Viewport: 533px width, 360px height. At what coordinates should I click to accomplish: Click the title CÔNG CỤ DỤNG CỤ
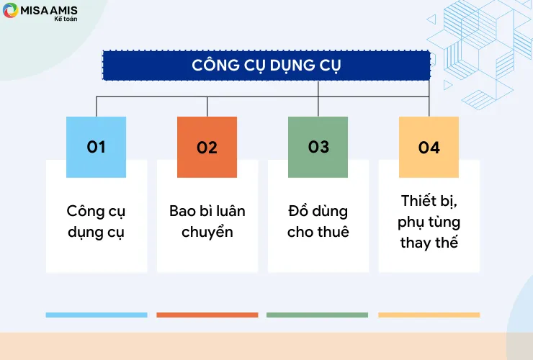coord(266,65)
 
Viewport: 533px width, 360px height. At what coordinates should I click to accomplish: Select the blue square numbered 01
coord(96,147)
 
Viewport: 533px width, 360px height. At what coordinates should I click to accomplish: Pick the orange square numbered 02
coord(207,147)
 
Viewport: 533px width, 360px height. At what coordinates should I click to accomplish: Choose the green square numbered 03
coord(318,147)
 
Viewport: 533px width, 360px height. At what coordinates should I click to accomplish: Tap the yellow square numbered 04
coord(429,147)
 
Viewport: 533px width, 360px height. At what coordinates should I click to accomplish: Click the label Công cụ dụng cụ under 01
coord(96,222)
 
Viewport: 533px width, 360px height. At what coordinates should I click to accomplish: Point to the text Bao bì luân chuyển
coord(207,222)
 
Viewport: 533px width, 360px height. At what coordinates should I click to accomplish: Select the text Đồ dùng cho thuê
coord(318,222)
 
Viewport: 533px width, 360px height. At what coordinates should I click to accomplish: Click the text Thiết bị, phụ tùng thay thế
coord(429,222)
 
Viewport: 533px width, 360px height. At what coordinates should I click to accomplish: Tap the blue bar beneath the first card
coord(96,315)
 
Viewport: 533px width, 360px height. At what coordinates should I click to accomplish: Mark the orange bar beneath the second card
coord(207,315)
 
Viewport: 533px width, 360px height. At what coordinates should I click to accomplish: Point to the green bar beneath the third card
coord(317,315)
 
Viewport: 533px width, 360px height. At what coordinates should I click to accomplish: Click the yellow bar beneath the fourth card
coord(429,315)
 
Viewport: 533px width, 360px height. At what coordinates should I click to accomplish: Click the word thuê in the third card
coord(333,233)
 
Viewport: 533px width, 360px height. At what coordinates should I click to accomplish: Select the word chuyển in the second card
coord(207,233)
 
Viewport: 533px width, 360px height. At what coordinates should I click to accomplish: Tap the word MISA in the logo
coord(35,9)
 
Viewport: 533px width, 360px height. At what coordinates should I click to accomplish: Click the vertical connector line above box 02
coord(207,107)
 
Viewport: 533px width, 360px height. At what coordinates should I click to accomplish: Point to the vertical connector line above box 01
coord(96,107)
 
